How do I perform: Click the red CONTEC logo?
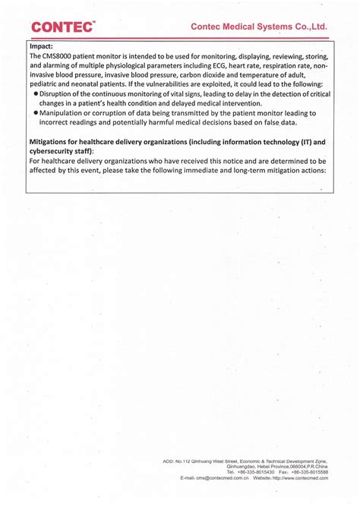(63, 27)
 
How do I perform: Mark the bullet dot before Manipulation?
(36, 113)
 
